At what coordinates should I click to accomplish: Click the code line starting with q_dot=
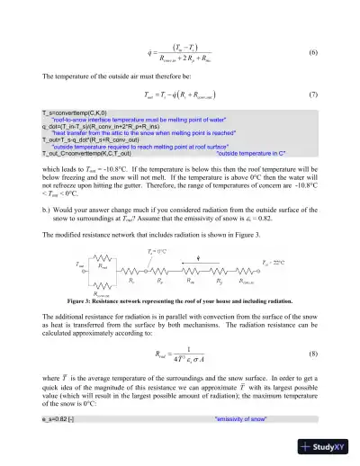[91, 126]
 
